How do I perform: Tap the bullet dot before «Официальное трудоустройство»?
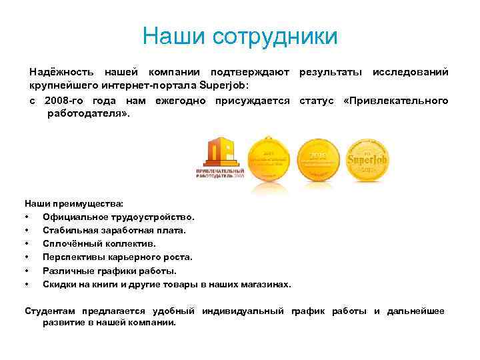(x=27, y=217)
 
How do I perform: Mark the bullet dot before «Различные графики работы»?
(x=27, y=271)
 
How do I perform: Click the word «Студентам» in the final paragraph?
(x=51, y=311)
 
